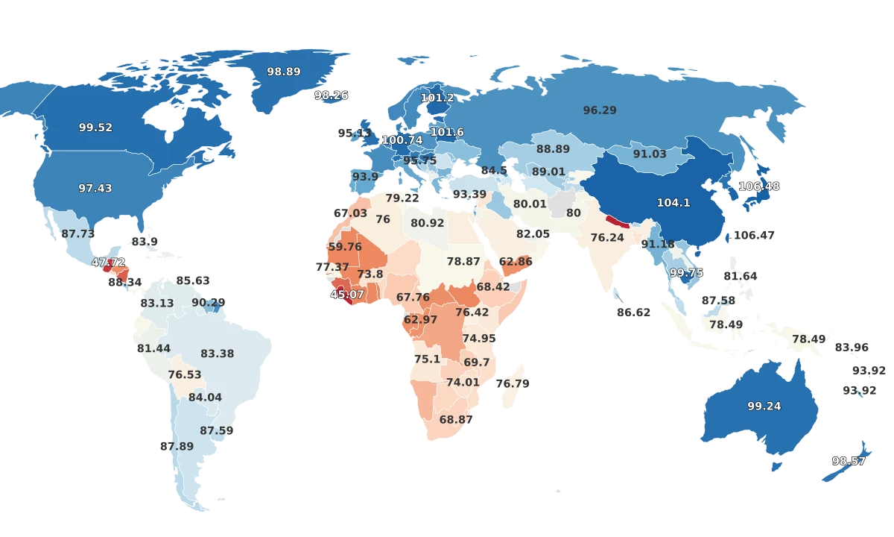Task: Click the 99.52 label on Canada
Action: [x=95, y=128]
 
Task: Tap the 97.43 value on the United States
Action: [x=95, y=188]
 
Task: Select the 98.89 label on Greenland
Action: [x=283, y=72]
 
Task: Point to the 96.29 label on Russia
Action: [x=600, y=110]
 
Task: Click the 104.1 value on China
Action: [x=673, y=202]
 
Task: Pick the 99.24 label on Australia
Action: [x=764, y=406]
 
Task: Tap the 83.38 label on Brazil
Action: [x=218, y=354]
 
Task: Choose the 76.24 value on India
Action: [x=607, y=237]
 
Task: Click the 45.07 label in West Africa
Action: [x=347, y=294]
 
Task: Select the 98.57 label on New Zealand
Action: [x=849, y=461]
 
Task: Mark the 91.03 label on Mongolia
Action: [x=650, y=154]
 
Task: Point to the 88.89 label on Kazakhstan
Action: [x=553, y=149]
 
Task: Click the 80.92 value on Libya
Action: [x=427, y=223]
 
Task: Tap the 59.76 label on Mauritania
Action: [x=345, y=246]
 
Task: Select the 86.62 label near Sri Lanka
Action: [x=633, y=313]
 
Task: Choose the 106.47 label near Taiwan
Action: [x=754, y=235]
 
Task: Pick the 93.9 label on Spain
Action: [x=365, y=177]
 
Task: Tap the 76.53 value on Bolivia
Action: [x=185, y=374]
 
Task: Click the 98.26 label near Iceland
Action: [x=332, y=95]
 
